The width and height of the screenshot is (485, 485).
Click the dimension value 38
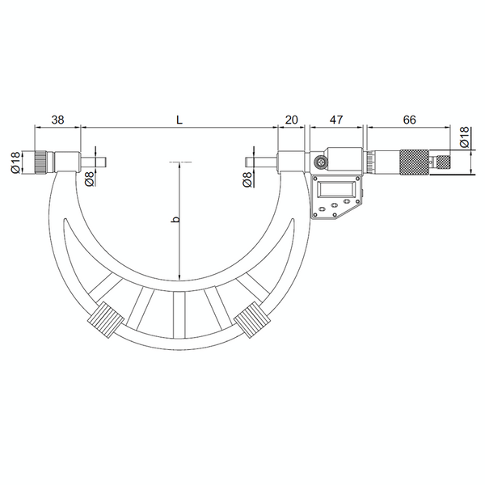pyautogui.click(x=57, y=119)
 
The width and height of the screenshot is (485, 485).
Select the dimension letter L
pyautogui.click(x=179, y=119)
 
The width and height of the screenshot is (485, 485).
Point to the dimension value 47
pyautogui.click(x=336, y=119)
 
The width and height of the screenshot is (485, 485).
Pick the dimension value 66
pyautogui.click(x=409, y=119)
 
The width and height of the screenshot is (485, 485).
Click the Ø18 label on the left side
pyautogui.click(x=15, y=161)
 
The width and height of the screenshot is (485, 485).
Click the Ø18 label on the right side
pyautogui.click(x=464, y=137)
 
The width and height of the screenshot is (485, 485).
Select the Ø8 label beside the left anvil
pyautogui.click(x=90, y=179)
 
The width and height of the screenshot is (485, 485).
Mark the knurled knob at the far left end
pyautogui.click(x=42, y=161)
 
